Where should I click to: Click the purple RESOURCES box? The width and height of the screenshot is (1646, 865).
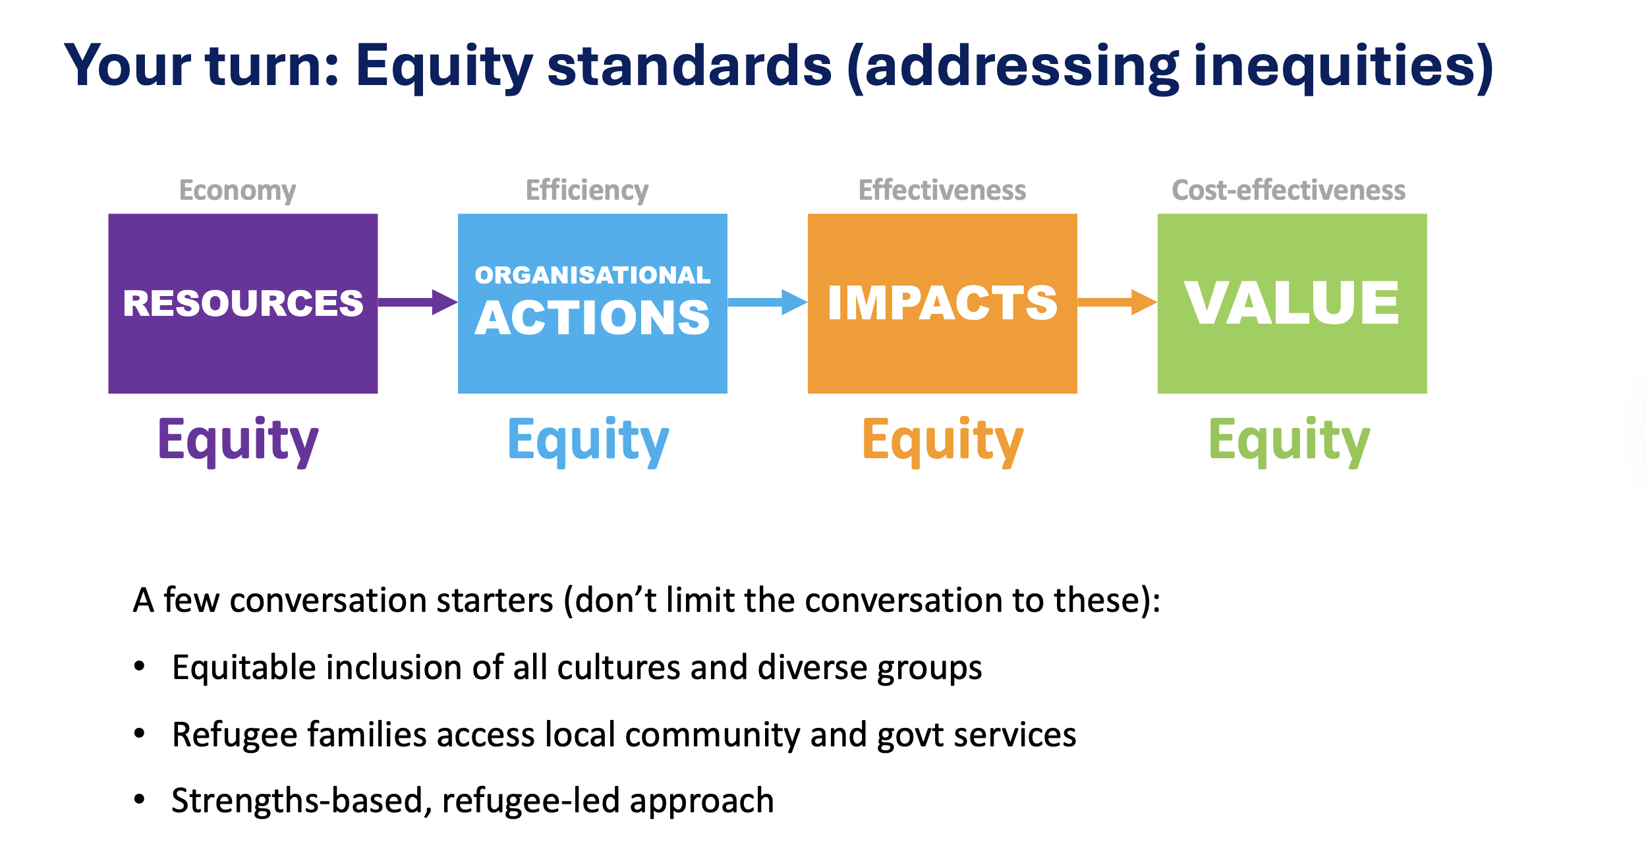[243, 303]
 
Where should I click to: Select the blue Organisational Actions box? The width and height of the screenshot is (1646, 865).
[592, 303]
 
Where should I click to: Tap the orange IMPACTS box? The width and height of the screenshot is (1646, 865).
[942, 303]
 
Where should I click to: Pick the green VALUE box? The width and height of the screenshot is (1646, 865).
[1292, 303]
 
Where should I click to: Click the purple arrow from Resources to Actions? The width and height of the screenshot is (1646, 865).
[418, 302]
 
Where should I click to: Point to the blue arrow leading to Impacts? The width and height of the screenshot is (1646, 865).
[768, 302]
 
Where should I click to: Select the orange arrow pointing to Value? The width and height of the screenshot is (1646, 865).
[1118, 302]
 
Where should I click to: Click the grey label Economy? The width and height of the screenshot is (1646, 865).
[238, 191]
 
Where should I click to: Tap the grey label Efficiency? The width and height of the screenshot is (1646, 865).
[587, 191]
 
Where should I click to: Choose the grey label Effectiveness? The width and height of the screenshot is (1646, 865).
[942, 190]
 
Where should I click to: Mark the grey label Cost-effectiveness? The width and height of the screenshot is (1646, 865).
[1289, 190]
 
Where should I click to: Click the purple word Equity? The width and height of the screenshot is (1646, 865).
[239, 442]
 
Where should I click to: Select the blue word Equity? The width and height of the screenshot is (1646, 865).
[588, 442]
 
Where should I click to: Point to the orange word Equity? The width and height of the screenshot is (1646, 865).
[944, 442]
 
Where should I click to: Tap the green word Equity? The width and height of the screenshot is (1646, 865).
[1290, 442]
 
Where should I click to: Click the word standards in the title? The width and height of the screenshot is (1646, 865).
[690, 65]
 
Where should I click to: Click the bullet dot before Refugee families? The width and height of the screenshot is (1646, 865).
[139, 733]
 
